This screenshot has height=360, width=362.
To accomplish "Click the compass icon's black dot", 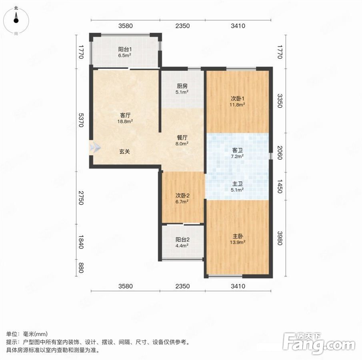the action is [x=16, y=20].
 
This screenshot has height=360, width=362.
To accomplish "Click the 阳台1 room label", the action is [x=125, y=49].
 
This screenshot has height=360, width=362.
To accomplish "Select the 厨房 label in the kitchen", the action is [x=182, y=86].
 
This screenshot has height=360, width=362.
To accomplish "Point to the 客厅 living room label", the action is [x=125, y=115].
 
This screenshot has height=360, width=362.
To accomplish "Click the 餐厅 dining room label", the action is [x=182, y=138].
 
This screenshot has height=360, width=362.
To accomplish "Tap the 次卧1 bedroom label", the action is [x=238, y=99].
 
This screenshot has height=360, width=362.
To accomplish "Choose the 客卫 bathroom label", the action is [x=238, y=150].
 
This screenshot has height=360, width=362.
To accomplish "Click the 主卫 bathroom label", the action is [x=238, y=184].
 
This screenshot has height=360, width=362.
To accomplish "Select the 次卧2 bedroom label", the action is [x=182, y=196].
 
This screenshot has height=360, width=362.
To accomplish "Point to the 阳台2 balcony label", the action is [x=182, y=240].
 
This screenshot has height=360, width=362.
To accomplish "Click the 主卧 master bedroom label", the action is [x=238, y=236].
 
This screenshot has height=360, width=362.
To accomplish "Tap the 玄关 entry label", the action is [x=125, y=152].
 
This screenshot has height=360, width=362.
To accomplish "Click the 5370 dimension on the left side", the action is [x=81, y=120].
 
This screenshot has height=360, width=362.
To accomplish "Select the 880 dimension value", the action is [x=81, y=268].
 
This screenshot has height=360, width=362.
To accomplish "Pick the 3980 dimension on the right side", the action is [x=280, y=238].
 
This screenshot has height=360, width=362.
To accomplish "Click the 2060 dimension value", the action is [x=280, y=152].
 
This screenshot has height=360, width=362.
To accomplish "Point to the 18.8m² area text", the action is [x=125, y=121].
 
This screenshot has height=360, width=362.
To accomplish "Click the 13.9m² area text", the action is [x=238, y=242].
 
